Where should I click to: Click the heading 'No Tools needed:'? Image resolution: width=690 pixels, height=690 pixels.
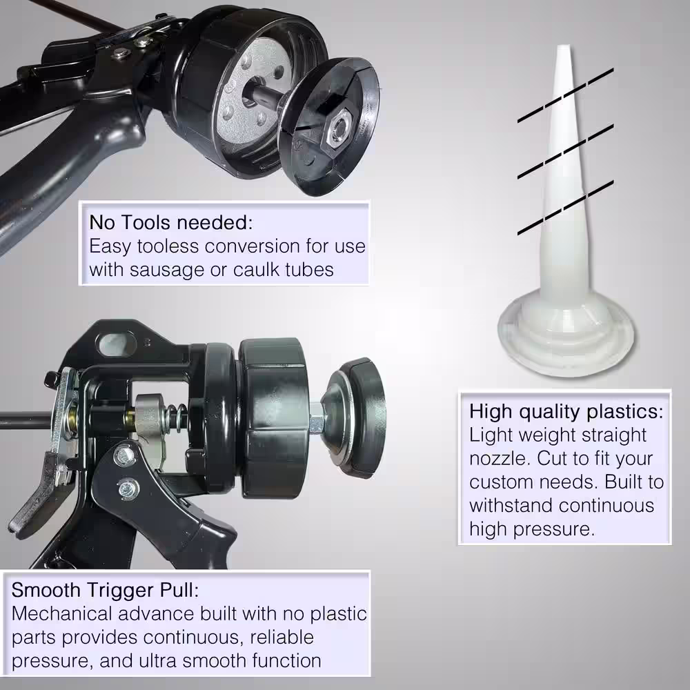point(170,222)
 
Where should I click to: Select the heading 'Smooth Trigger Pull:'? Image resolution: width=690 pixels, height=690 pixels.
point(105,590)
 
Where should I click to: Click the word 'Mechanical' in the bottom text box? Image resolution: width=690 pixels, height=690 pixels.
point(62,614)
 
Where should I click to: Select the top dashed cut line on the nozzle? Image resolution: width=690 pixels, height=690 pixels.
point(566,95)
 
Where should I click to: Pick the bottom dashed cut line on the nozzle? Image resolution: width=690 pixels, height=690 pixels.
point(566,207)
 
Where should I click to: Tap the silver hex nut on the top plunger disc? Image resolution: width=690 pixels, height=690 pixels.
point(337,130)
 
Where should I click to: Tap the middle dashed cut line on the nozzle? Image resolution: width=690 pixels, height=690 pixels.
point(566,151)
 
